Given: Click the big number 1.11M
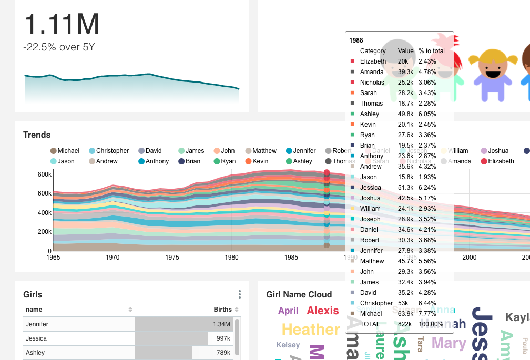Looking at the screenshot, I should pos(62,24).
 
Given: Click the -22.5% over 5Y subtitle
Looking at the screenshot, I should pos(59,47).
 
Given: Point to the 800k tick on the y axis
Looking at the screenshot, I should pos(45,174).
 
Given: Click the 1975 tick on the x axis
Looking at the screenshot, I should pos(172,258).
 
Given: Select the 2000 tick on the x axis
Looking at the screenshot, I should pos(469,258).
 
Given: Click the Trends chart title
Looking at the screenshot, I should pos(37,135).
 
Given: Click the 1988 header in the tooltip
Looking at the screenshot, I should pos(356,40).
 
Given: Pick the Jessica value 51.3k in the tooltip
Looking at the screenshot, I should pos(405,188).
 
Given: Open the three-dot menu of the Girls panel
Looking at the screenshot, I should pos(240,294).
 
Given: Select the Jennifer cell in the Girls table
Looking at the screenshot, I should pos(37,324).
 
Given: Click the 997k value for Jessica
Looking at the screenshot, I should pos(223,338).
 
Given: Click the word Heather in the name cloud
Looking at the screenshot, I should pos(311,330).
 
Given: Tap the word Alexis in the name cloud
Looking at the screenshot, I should pos(323,311).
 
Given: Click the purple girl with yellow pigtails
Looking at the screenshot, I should pos(489,75).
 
